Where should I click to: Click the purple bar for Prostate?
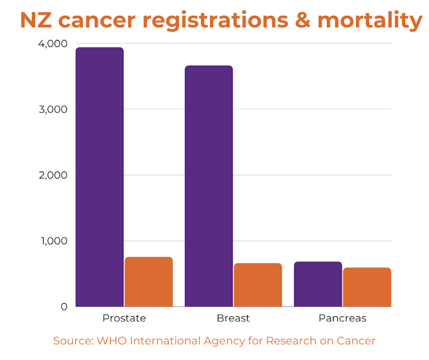click(99, 177)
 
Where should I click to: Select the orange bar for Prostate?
click(148, 282)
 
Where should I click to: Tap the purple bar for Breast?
click(208, 186)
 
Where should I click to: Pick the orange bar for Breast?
click(258, 285)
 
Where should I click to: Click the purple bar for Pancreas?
click(318, 284)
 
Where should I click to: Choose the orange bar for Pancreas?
click(367, 287)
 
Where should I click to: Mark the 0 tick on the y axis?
click(64, 307)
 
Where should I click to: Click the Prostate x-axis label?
click(124, 318)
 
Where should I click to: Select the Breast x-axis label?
click(233, 318)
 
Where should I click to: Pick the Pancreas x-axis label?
click(342, 318)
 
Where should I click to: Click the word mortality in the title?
click(370, 20)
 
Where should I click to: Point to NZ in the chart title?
click(36, 20)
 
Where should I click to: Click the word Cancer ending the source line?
click(356, 341)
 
